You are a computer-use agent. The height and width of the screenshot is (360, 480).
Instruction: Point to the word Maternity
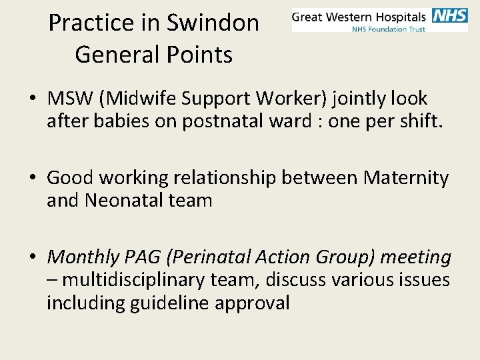[x=406, y=178]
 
